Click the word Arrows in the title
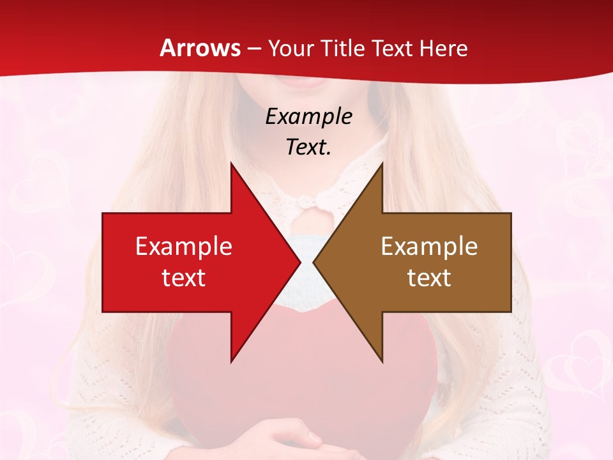pos(201,48)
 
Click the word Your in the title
pos(291,48)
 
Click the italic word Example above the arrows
pos(308,116)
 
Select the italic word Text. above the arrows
pos(308,147)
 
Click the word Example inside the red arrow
pos(183,247)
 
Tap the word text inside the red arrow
pos(183,278)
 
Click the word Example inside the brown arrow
pos(429,247)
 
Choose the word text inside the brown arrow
pos(429,278)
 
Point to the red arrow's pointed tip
pos(299,262)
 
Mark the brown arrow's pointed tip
pos(315,262)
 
